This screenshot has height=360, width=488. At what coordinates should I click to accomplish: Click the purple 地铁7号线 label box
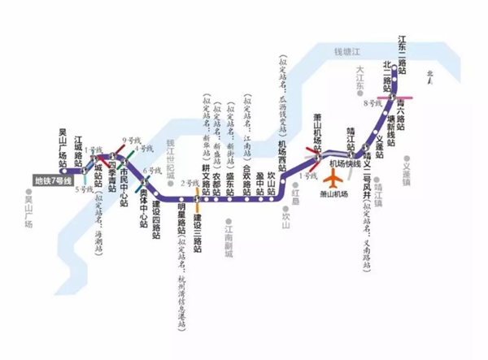click(x=53, y=180)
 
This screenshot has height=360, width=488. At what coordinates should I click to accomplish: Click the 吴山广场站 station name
click(x=63, y=145)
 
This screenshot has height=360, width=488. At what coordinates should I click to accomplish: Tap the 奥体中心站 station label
click(x=143, y=202)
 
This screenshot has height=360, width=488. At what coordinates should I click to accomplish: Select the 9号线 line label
click(x=127, y=140)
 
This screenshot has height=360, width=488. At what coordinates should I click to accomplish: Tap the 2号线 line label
click(x=190, y=183)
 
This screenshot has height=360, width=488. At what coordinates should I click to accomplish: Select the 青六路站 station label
click(x=402, y=105)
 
